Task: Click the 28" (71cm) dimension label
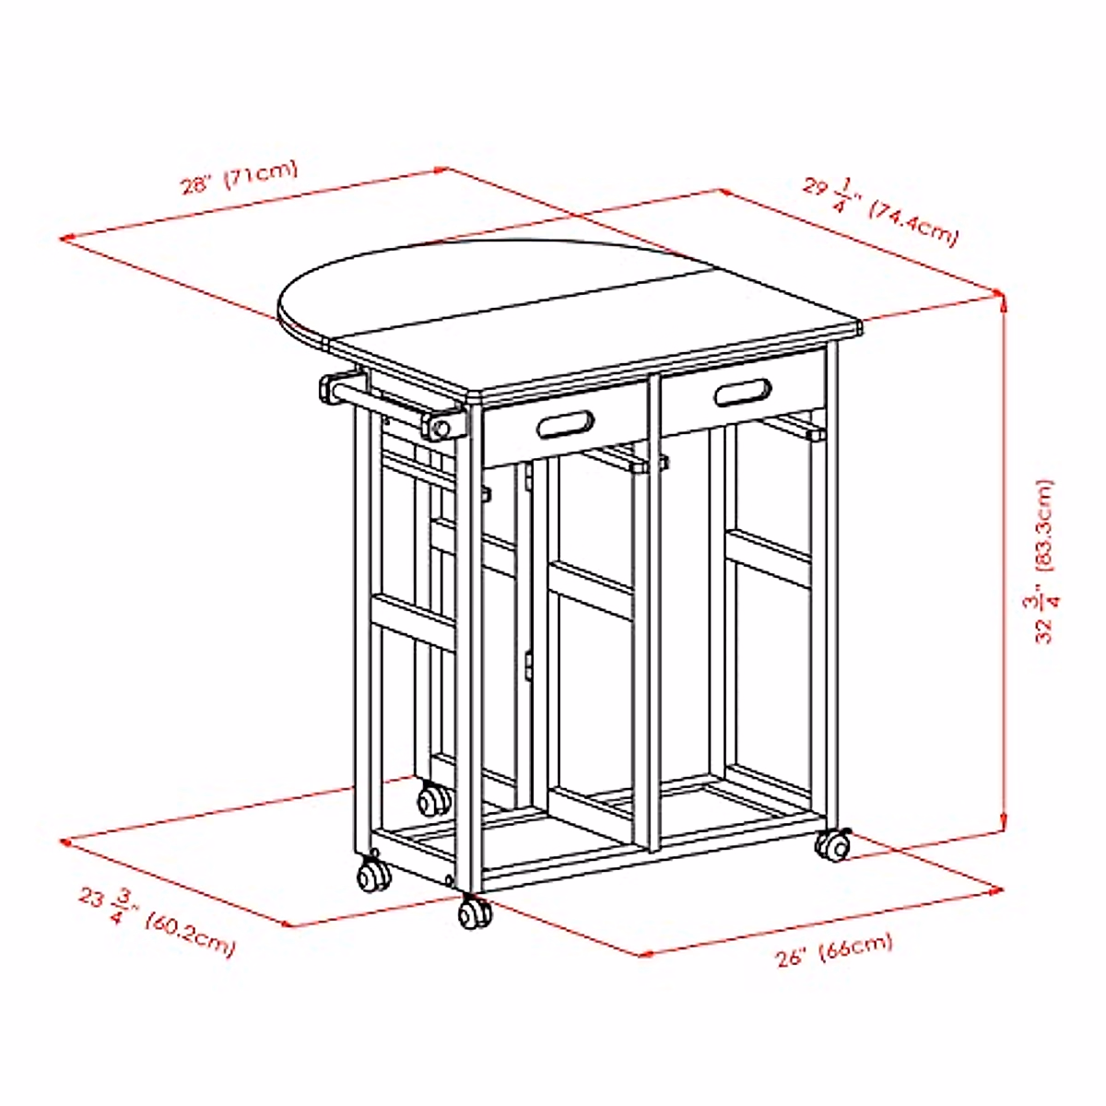(x=239, y=178)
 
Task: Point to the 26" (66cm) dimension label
(x=834, y=949)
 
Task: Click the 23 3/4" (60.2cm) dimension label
(x=156, y=921)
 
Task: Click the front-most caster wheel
(x=476, y=912)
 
